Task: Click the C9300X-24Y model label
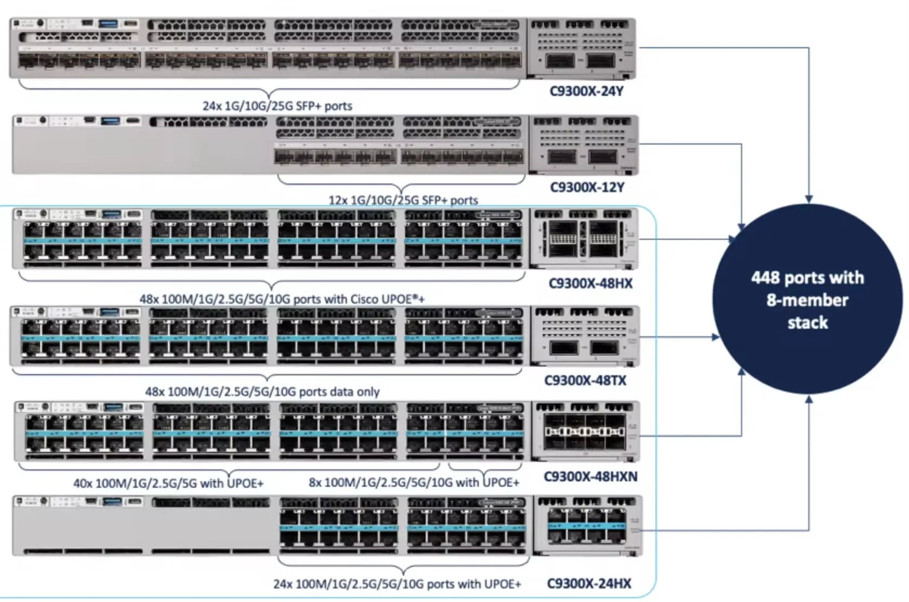[x=586, y=91]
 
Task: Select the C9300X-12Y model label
[x=587, y=187]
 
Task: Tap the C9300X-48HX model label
[x=590, y=283]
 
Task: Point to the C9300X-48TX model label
[x=585, y=381]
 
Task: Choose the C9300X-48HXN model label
[x=590, y=476]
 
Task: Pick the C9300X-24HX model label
[x=589, y=584]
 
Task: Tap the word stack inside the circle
[x=807, y=323]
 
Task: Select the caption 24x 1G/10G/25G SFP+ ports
[x=277, y=106]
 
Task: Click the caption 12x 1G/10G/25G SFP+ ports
[x=403, y=200]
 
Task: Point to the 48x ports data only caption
[x=262, y=391]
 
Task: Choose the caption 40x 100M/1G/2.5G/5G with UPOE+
[x=168, y=483]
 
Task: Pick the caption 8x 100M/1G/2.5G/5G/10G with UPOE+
[x=414, y=482]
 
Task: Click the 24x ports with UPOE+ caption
[x=397, y=584]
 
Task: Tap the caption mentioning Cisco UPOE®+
[x=282, y=299]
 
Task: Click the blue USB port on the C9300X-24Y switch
[x=109, y=24]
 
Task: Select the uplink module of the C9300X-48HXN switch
[x=584, y=431]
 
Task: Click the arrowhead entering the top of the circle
[x=809, y=199]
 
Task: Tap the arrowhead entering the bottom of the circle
[x=809, y=400]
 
